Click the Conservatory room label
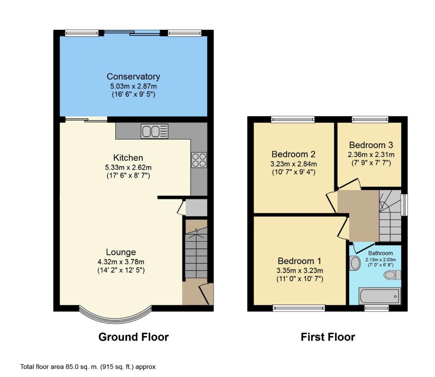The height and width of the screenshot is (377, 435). pos(133,77)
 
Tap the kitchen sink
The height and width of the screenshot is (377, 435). pos(155,131)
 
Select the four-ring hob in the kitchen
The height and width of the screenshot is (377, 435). pos(199,160)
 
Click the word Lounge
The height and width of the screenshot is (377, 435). pos(121,252)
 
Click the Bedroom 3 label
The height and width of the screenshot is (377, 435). pos(371,145)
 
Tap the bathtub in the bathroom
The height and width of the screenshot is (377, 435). pos(380,296)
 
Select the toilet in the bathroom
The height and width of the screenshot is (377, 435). pos(392,275)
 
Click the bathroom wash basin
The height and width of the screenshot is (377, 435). pos(355,263)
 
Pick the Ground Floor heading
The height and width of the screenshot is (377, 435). pos(133,337)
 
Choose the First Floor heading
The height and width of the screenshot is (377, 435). pos(328,337)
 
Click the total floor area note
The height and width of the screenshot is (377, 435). pos(88,367)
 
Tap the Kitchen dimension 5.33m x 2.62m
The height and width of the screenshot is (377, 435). pos(128,167)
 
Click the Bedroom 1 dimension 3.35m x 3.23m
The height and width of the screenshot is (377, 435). pos(300,270)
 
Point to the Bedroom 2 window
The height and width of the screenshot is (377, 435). pos(293,119)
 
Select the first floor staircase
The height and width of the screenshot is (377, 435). pos(390,216)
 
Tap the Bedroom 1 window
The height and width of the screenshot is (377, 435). pos(299,308)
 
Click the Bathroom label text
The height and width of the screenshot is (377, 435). pos(380,253)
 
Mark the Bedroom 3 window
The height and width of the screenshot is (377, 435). pos(370,119)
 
